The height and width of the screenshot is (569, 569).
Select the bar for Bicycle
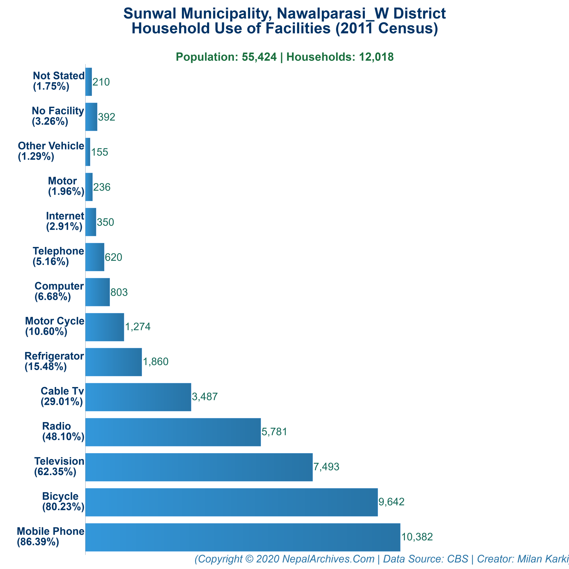click(231, 502)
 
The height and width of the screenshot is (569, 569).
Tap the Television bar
click(199, 467)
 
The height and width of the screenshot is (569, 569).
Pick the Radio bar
click(173, 432)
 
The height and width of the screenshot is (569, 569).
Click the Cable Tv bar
click(138, 397)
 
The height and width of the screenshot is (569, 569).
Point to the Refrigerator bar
click(113, 362)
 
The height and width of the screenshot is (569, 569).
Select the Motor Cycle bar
click(104, 327)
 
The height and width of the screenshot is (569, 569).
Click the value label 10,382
click(417, 537)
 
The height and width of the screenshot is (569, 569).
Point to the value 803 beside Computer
click(119, 292)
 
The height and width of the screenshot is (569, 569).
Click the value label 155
click(99, 152)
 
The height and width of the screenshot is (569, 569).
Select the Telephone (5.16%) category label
click(58, 256)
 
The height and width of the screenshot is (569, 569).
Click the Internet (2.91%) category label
click(65, 221)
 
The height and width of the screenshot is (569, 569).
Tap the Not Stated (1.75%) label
click(59, 81)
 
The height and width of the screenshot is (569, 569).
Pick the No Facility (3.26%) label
click(58, 116)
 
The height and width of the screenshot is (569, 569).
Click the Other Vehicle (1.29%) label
click(51, 151)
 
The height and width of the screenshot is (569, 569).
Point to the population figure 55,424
click(259, 57)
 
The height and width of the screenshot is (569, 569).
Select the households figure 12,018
click(376, 57)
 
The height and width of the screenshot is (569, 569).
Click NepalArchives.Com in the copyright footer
click(328, 559)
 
